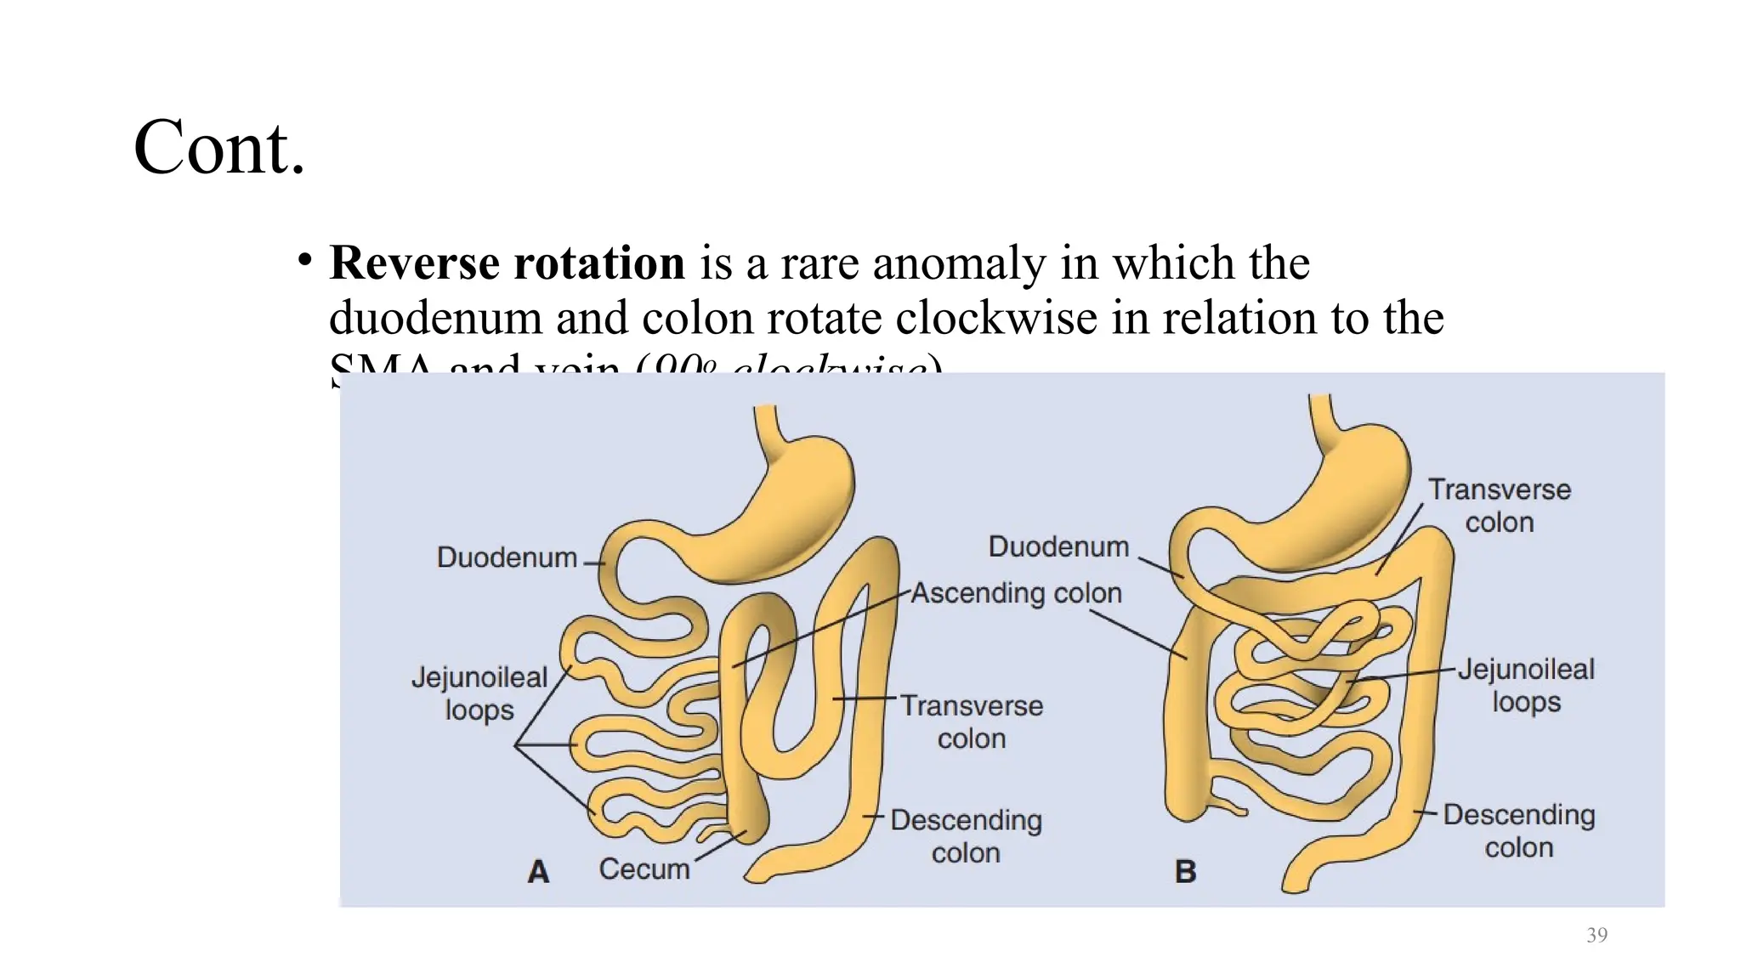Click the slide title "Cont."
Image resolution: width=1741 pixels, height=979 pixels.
[218, 148]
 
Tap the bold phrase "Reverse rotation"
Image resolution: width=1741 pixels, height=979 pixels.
[507, 263]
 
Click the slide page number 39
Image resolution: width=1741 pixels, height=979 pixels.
[1596, 935]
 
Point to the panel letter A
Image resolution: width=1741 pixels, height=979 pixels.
[538, 871]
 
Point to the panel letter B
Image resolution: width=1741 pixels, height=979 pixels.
[1185, 871]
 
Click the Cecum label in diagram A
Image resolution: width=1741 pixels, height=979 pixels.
[644, 869]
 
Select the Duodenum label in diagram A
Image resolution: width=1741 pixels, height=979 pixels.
[507, 557]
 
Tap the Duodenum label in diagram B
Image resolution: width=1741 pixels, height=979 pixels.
[1058, 546]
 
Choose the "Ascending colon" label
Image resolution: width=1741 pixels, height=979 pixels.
[1016, 592]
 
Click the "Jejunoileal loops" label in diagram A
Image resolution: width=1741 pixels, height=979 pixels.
[479, 693]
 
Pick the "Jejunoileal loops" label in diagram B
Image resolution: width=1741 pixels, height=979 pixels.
[1526, 686]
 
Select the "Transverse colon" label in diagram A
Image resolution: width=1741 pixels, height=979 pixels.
[972, 722]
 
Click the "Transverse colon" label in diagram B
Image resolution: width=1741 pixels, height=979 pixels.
[1500, 506]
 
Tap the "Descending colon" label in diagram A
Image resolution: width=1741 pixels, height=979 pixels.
[966, 836]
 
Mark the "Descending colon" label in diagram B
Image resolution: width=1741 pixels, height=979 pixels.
[1519, 830]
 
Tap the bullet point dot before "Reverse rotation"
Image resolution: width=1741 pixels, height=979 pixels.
[304, 260]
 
